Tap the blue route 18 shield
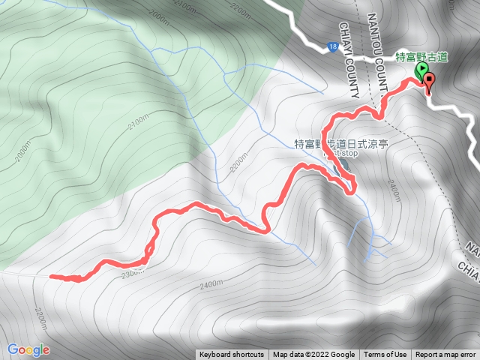(x=331, y=47)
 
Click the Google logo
(x=28, y=349)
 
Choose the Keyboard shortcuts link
(x=232, y=355)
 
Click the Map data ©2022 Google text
(x=313, y=355)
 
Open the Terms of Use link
(x=385, y=355)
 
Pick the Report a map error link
(x=446, y=355)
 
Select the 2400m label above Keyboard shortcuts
(x=212, y=284)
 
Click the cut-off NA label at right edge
(x=472, y=247)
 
